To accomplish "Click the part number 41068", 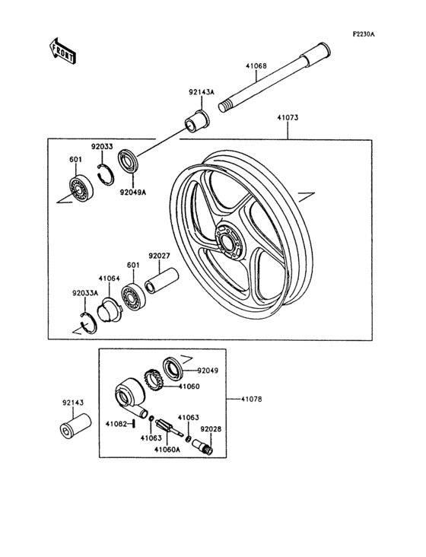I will pos(256,66).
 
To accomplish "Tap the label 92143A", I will pos(202,93).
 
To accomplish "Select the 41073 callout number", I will pos(288,119).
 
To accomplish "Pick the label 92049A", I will pos(132,192).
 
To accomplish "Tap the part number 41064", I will pos(109,278).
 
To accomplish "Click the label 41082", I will pos(116,423).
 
